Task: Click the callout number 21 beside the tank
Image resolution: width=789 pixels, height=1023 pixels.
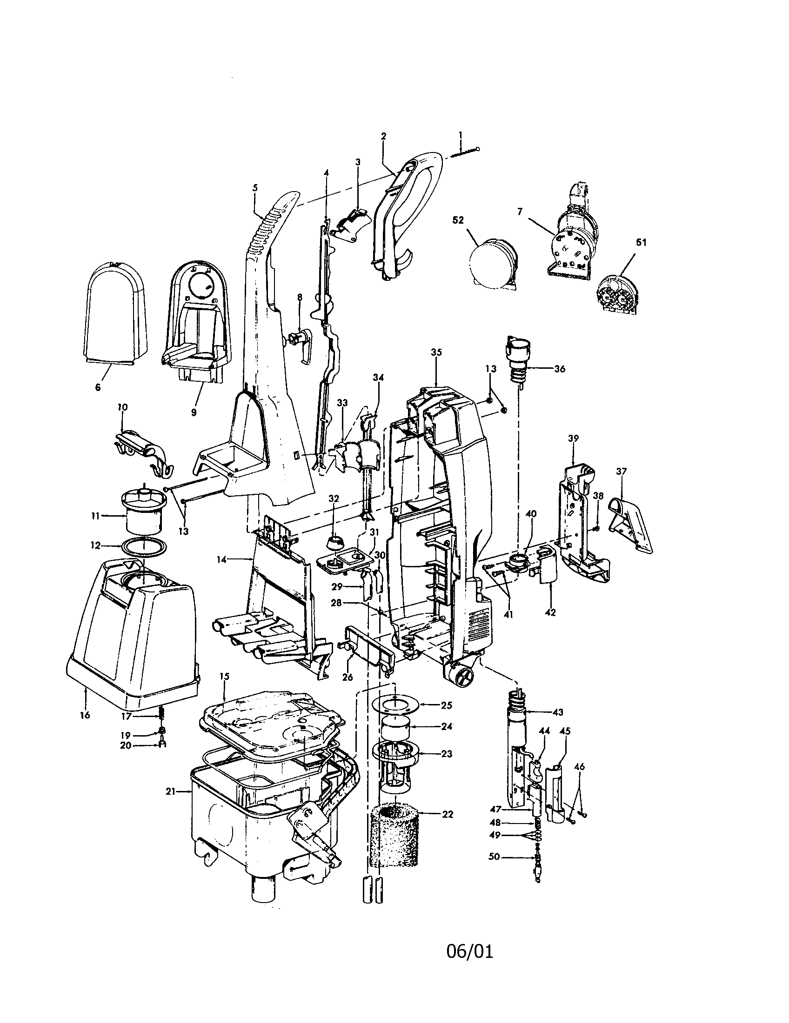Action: coord(170,791)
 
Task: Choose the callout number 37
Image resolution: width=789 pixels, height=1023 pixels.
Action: coord(621,471)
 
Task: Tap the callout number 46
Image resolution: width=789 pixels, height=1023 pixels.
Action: coord(579,767)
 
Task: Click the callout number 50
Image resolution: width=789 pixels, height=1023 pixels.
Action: coord(494,857)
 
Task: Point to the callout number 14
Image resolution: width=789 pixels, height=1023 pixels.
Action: coord(222,559)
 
